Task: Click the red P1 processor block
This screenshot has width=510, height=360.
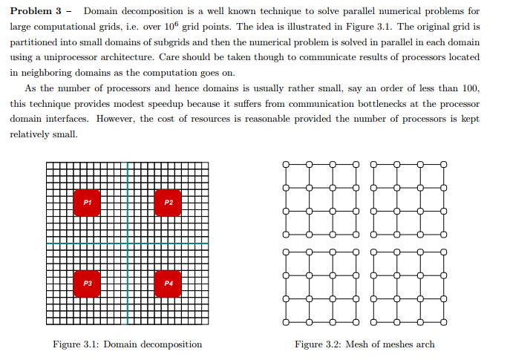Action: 87,203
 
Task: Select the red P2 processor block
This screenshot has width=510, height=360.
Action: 168,203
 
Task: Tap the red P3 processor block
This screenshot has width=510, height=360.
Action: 87,284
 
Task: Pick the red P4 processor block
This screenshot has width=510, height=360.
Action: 168,284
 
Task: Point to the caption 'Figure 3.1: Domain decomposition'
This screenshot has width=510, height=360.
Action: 127,344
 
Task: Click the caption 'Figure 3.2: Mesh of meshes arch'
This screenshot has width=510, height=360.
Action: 364,344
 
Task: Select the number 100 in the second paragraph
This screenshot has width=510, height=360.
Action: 470,88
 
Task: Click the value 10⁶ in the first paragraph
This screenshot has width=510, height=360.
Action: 168,26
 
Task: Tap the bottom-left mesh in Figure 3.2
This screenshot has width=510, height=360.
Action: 321,287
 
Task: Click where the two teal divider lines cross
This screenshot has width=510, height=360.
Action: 128,243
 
